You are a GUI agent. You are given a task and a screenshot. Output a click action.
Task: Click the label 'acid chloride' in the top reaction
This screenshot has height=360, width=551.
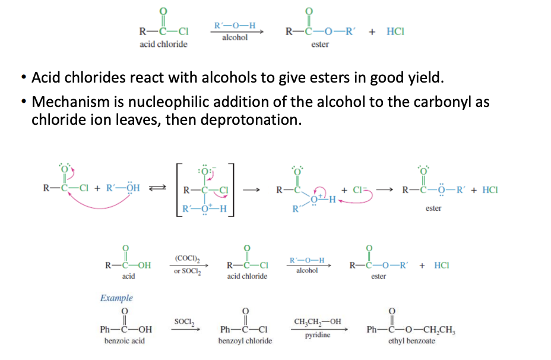163,45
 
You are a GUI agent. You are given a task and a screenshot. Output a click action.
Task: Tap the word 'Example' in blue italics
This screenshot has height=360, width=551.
116,298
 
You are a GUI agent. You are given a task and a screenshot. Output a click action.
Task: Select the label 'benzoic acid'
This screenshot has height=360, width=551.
125,341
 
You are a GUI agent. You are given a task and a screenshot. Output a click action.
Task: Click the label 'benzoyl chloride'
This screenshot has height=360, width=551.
245,341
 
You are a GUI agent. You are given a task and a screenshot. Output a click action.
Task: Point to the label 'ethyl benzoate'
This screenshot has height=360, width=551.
411,341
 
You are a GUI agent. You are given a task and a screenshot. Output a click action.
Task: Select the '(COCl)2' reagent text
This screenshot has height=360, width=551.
185,258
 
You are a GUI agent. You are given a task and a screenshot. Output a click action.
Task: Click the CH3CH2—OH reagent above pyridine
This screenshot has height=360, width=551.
318,321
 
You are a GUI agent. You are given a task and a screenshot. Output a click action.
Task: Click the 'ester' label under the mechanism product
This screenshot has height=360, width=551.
433,209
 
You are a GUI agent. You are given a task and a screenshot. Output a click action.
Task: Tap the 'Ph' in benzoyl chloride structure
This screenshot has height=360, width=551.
226,329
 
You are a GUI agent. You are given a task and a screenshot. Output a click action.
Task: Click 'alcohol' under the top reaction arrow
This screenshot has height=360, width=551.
235,37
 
